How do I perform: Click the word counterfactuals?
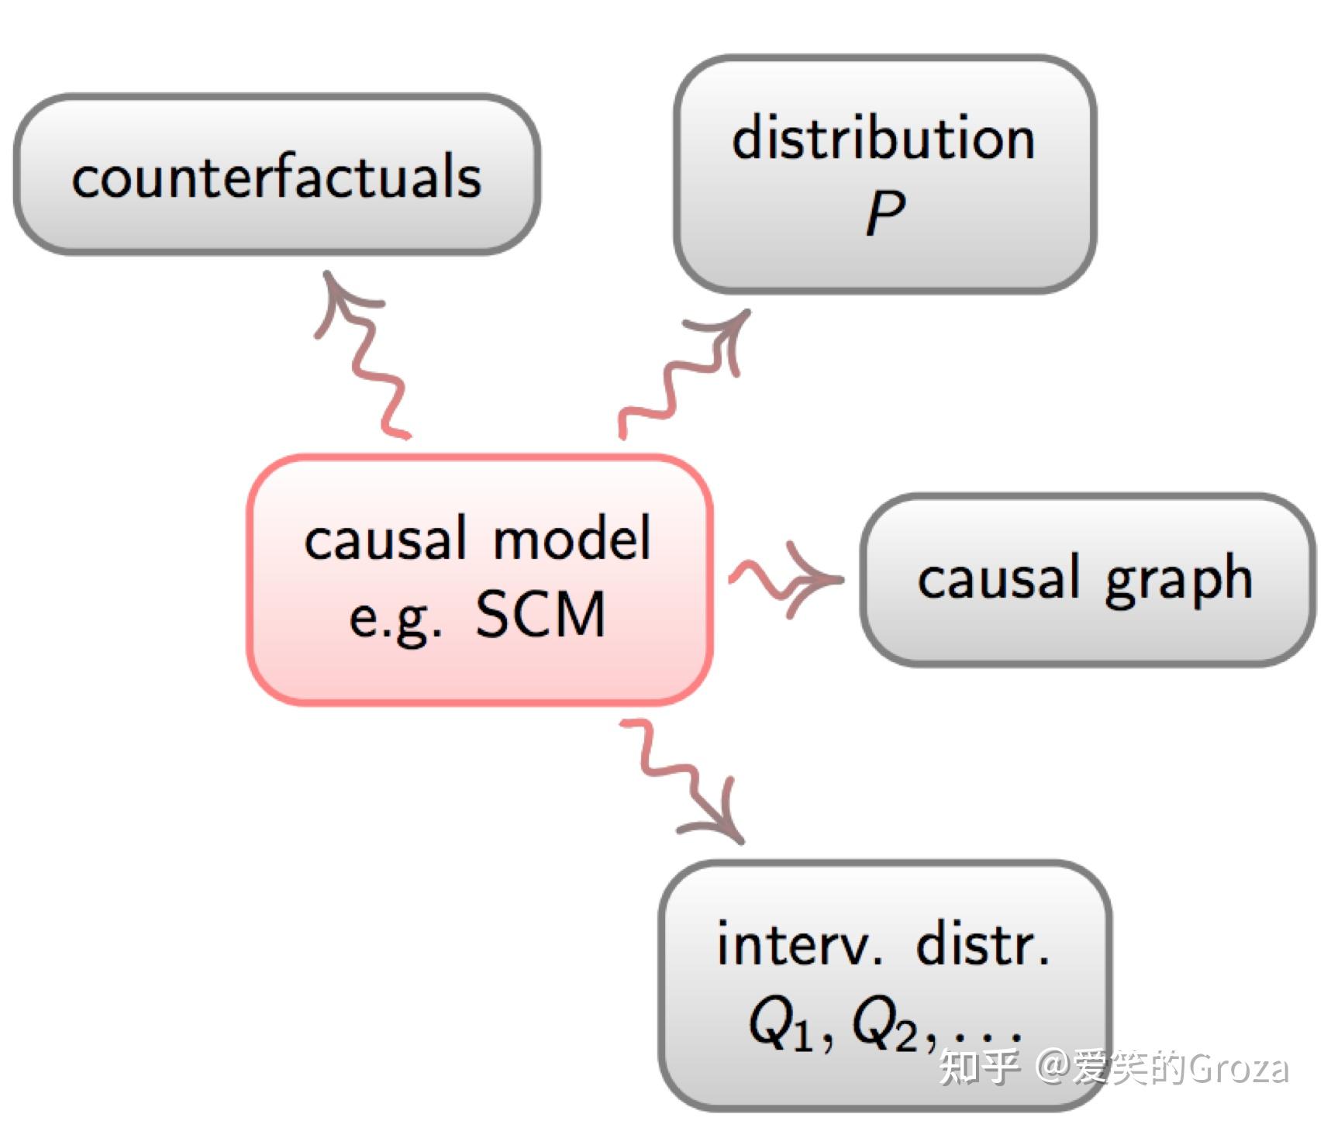[277, 177]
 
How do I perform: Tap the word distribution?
[884, 138]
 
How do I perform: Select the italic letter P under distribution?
[885, 213]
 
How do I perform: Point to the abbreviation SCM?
[540, 614]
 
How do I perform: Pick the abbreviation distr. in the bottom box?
[983, 943]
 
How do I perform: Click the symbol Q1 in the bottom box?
[781, 1025]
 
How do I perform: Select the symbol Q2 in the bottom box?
[884, 1025]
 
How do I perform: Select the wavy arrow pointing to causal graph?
[786, 579]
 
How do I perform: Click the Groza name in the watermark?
[1239, 1068]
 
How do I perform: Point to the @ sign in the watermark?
[1052, 1068]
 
